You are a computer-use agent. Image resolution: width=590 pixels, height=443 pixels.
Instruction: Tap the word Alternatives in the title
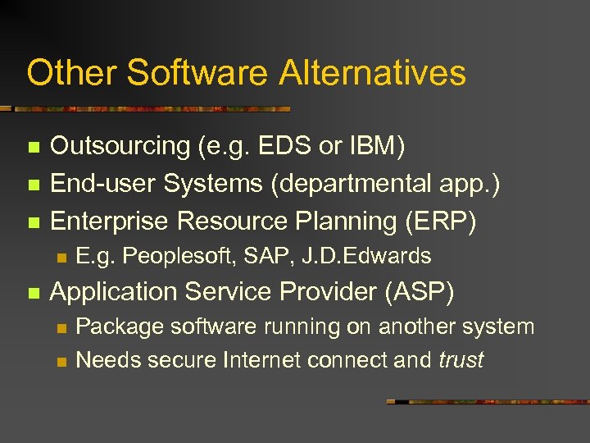pos(373,73)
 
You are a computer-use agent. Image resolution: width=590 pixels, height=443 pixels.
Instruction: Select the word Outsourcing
pos(120,146)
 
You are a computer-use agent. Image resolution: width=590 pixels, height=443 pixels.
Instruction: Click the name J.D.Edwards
pos(366,257)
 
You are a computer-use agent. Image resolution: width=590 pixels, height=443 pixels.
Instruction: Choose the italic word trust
pos(461,360)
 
